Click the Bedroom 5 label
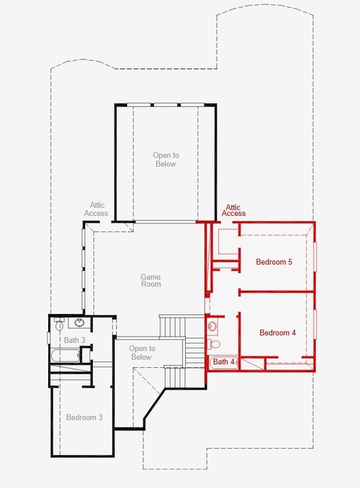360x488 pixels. coord(274,262)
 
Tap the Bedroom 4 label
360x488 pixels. coord(278,333)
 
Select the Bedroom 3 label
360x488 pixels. coord(84,418)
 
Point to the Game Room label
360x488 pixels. coord(150,281)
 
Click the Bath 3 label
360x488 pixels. coord(74,341)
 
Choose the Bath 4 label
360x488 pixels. coord(224,362)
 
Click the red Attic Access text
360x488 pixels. coord(233,211)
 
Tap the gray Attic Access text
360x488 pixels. coord(96,209)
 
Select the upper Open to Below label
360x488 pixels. coord(165,160)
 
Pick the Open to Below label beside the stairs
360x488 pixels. coord(142,353)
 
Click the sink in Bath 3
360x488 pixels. coord(80,323)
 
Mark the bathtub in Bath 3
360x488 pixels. coord(64,355)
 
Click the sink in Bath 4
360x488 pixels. coord(213,326)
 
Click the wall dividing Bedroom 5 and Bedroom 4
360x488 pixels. coord(276,291)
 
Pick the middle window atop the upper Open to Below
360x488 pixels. coord(165,104)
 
